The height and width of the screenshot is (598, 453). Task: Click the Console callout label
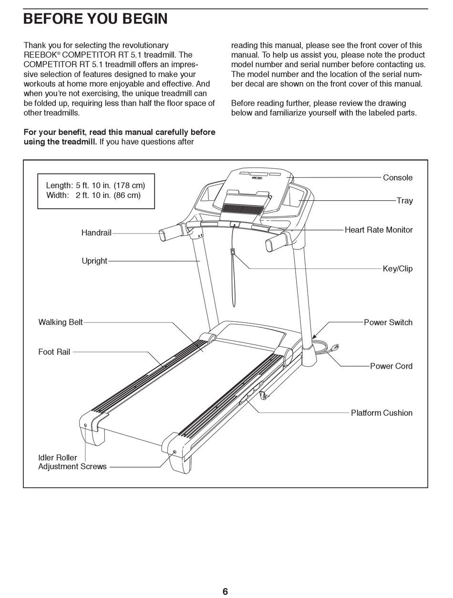click(398, 178)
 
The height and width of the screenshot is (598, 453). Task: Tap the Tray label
click(404, 201)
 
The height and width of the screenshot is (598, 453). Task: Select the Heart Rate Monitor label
click(379, 230)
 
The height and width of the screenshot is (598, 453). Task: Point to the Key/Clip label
click(398, 269)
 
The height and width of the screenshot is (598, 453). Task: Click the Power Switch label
click(388, 323)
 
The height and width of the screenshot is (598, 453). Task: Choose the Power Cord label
click(391, 366)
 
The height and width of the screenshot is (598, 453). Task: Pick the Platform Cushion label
click(381, 413)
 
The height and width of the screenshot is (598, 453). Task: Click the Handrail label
click(96, 233)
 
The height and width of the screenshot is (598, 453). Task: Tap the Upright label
click(94, 261)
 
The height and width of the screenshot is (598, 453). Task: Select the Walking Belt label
click(61, 322)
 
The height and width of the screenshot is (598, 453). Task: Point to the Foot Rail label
click(54, 352)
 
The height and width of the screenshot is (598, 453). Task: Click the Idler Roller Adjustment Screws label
click(72, 462)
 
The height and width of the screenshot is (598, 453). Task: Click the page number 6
click(225, 592)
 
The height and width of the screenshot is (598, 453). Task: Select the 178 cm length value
click(129, 186)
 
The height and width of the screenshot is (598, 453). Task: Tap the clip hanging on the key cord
click(232, 252)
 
